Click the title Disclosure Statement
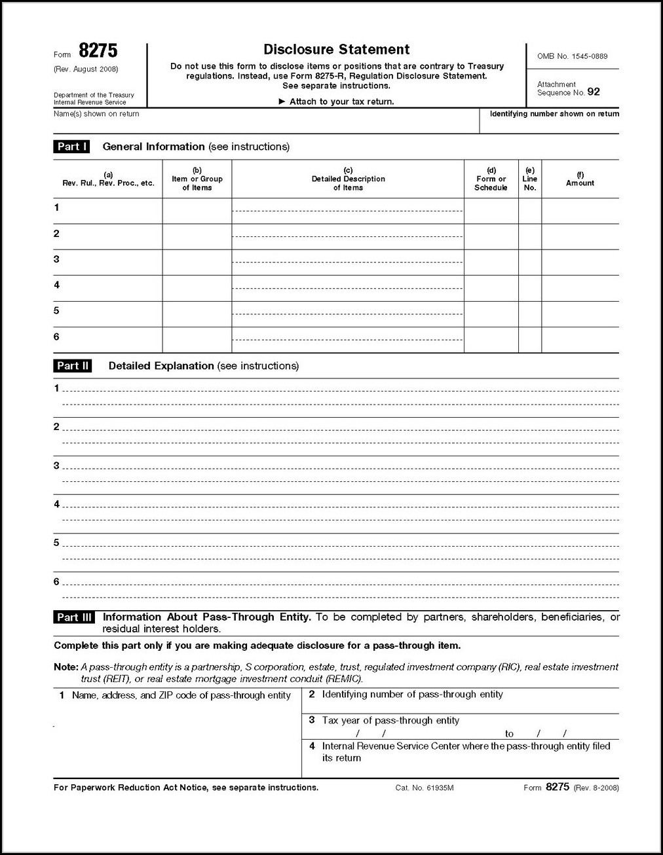(x=336, y=50)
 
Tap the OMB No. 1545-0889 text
(x=572, y=56)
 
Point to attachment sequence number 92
(x=593, y=92)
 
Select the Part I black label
(x=71, y=147)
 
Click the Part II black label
(x=73, y=366)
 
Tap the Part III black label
(x=75, y=617)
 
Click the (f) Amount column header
(x=580, y=179)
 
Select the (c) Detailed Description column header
(x=348, y=179)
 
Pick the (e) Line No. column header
(x=530, y=179)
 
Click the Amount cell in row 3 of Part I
(x=580, y=262)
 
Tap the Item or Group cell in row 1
(x=197, y=211)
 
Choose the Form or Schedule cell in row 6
(x=491, y=340)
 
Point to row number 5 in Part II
(x=56, y=543)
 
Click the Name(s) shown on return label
(x=96, y=114)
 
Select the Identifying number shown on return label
(x=554, y=114)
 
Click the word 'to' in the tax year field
(x=509, y=734)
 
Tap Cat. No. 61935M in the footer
(x=425, y=788)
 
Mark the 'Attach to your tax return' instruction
(x=336, y=101)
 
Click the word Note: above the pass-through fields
(x=66, y=667)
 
